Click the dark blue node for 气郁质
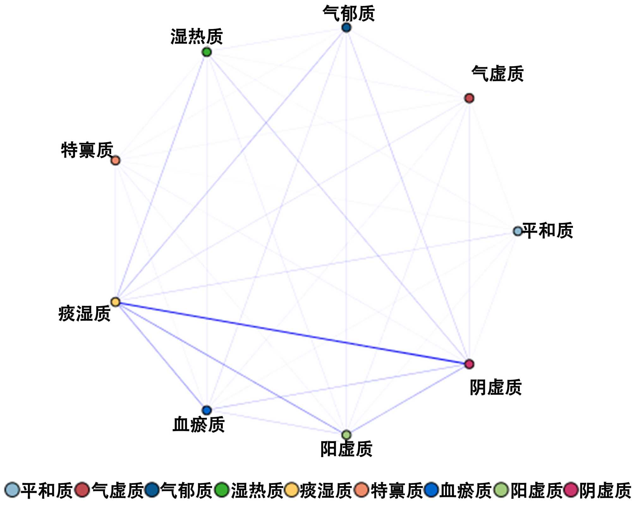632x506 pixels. (346, 27)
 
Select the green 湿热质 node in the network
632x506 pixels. (206, 52)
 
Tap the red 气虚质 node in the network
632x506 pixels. (469, 98)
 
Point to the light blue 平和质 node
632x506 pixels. (518, 231)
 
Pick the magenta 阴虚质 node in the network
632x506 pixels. (469, 364)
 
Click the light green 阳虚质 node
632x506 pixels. (346, 435)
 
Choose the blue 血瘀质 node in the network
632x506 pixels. (206, 410)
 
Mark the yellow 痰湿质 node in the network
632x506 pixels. (115, 302)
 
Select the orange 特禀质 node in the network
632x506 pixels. (115, 160)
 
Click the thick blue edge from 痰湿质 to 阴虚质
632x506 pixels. (292, 333)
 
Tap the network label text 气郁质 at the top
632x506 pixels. (349, 14)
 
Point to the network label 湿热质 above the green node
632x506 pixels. (197, 37)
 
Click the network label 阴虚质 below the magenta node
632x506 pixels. (495, 387)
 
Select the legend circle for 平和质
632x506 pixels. (12, 490)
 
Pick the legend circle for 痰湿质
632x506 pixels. (291, 490)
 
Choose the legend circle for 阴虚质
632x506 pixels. (571, 490)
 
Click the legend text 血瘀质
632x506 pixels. (465, 491)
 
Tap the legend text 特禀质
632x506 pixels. (397, 491)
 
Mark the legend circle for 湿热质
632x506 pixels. (222, 490)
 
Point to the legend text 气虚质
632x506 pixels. (118, 491)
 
